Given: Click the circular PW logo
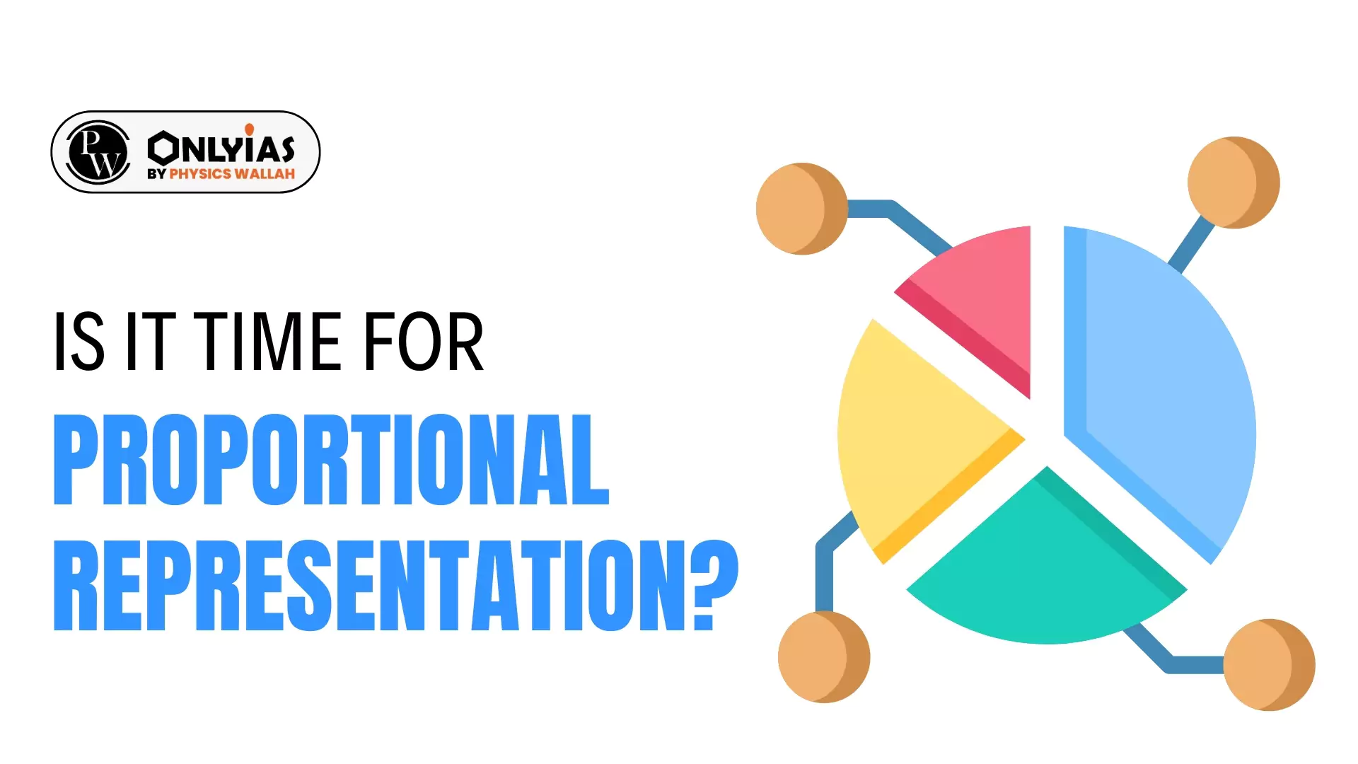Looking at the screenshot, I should click(98, 152).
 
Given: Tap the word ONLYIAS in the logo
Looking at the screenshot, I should click(221, 147).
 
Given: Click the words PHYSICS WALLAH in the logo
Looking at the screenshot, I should click(232, 174).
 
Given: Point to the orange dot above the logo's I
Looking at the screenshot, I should click(250, 129).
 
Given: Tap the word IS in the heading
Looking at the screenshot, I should click(79, 342).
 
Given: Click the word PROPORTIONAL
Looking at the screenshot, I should click(331, 460).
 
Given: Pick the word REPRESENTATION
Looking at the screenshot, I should click(368, 585).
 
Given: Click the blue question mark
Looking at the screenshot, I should click(714, 585).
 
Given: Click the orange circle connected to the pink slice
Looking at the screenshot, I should click(801, 209).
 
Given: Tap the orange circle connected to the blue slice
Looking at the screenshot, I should click(1233, 183).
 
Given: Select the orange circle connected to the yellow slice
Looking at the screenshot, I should click(823, 656).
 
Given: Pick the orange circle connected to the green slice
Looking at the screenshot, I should click(1269, 665).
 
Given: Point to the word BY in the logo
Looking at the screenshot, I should click(156, 174).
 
